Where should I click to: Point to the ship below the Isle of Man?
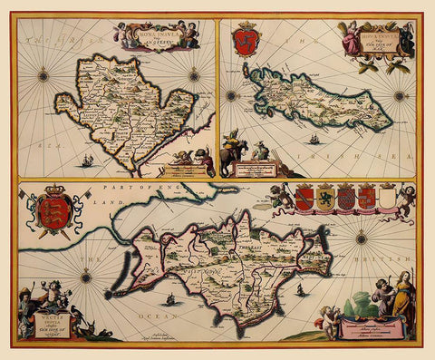313,140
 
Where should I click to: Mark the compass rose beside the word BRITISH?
360,238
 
